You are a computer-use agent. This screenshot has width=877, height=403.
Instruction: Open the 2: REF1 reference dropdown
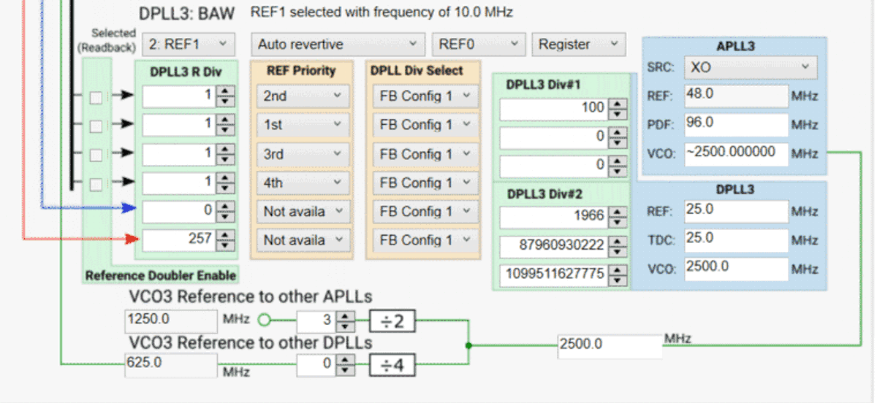pyautogui.click(x=188, y=45)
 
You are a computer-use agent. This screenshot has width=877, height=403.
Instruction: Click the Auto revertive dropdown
pyautogui.click(x=338, y=45)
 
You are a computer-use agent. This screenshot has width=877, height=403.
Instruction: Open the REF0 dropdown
pyautogui.click(x=478, y=45)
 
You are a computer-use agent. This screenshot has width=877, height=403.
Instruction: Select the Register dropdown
pyautogui.click(x=578, y=45)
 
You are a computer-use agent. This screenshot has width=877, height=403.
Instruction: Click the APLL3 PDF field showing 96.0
pyautogui.click(x=736, y=124)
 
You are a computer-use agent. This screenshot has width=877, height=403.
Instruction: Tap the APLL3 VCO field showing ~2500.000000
pyautogui.click(x=736, y=153)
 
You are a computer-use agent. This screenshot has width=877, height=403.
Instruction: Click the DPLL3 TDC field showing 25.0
pyautogui.click(x=736, y=239)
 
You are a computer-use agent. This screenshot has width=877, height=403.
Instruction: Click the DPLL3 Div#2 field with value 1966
pyautogui.click(x=553, y=217)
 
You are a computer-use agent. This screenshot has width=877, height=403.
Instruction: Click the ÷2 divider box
pyautogui.click(x=392, y=321)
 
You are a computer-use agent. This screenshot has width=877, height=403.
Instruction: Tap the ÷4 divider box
pyautogui.click(x=392, y=364)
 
